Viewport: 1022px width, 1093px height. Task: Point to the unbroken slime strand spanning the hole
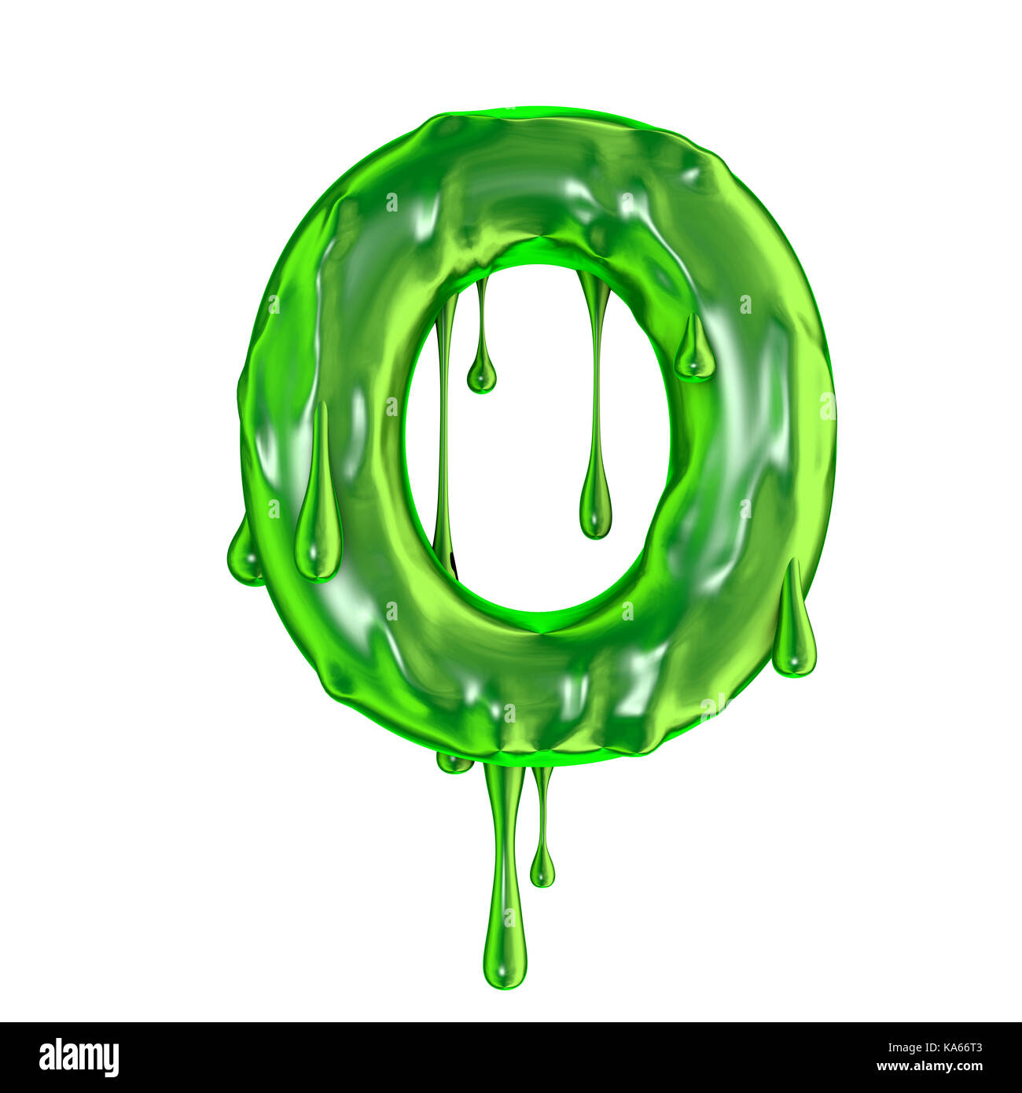444,425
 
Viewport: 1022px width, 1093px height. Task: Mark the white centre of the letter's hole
535,440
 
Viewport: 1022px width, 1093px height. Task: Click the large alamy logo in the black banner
79,1058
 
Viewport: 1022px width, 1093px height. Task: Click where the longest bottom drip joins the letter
504,775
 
